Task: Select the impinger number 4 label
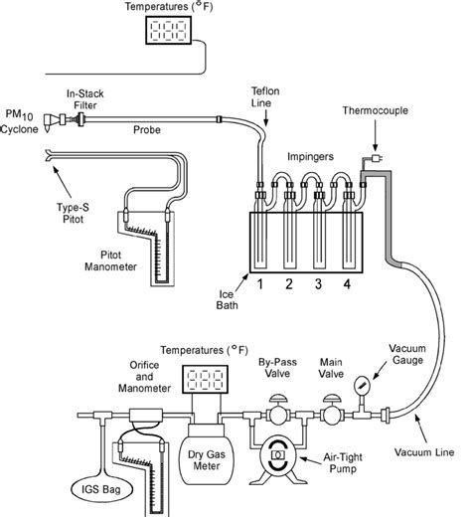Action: [x=347, y=284]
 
